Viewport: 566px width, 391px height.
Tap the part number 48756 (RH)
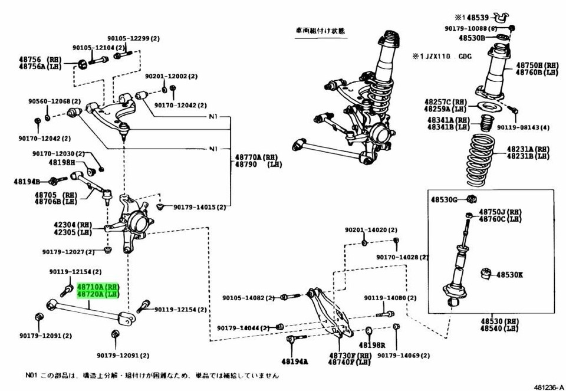click(x=45, y=59)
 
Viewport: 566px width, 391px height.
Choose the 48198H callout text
click(x=61, y=162)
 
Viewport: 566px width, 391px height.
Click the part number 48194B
click(x=27, y=182)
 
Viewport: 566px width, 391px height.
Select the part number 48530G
click(x=443, y=199)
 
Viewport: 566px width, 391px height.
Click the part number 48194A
click(x=294, y=361)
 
